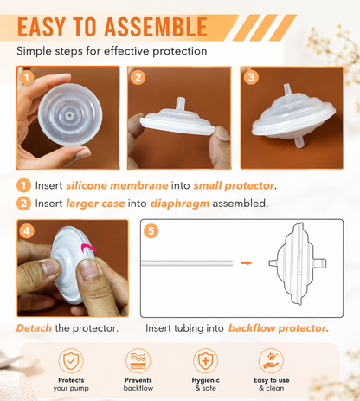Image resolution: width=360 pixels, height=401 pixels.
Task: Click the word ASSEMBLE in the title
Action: [156, 27]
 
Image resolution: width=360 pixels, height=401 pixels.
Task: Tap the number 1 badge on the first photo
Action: [27, 77]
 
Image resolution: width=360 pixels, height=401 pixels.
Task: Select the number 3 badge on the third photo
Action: [251, 77]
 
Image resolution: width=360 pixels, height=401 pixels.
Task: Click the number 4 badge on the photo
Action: [27, 231]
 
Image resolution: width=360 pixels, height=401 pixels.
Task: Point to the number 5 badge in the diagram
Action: [151, 231]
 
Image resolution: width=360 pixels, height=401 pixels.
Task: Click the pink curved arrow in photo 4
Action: [88, 248]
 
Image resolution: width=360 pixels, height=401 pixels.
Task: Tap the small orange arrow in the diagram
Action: [247, 262]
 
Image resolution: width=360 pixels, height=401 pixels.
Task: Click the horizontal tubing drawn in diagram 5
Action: [187, 263]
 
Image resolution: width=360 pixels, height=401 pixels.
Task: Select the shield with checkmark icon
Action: [71, 360]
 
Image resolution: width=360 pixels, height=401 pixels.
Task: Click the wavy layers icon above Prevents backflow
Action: [138, 360]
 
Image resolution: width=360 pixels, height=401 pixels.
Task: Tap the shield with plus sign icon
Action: [205, 360]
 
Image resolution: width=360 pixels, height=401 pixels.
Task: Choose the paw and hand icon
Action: [271, 360]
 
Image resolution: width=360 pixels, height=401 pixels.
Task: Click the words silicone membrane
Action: [117, 185]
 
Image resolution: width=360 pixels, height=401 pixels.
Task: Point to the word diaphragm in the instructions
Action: [180, 204]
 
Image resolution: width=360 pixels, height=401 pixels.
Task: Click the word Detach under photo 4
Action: [34, 328]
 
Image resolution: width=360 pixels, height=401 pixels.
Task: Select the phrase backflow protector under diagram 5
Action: [279, 328]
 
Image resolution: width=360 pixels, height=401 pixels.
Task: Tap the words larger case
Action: [95, 204]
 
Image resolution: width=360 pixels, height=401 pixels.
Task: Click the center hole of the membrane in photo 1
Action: [69, 115]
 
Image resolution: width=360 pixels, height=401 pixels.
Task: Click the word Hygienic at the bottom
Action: [205, 380]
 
